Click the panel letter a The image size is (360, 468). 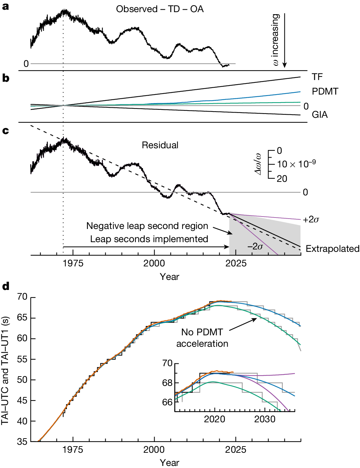[x=5, y=6]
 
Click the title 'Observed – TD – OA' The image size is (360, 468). [x=160, y=9]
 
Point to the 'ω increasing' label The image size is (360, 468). [x=275, y=39]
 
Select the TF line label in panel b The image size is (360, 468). [x=317, y=77]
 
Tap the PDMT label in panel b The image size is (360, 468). [x=325, y=91]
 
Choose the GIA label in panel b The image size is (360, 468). [x=319, y=115]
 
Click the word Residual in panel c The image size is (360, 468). [x=160, y=145]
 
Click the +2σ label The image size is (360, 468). [x=311, y=220]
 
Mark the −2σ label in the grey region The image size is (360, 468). [x=255, y=246]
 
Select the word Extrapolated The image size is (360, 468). [x=332, y=249]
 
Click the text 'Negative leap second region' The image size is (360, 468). [x=147, y=226]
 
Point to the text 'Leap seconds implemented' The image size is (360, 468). [x=149, y=239]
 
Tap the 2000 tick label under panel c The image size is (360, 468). [x=154, y=264]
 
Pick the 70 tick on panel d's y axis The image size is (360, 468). [x=22, y=297]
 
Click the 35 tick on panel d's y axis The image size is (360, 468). [x=22, y=442]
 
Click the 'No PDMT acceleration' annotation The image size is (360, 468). [x=202, y=338]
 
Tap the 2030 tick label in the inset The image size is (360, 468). [x=265, y=419]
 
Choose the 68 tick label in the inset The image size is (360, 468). [x=167, y=383]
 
